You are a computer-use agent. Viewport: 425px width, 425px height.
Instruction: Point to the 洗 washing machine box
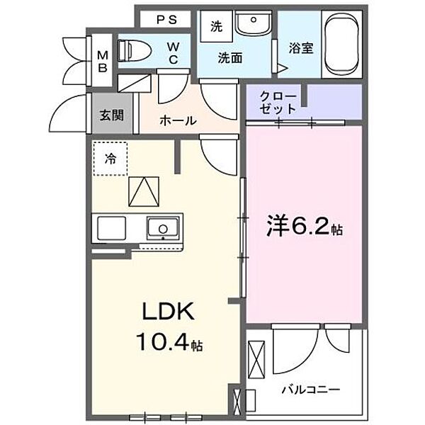click(x=215, y=27)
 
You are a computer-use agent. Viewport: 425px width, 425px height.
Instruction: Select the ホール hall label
click(x=176, y=120)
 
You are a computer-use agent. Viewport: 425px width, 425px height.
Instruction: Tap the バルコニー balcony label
click(x=312, y=389)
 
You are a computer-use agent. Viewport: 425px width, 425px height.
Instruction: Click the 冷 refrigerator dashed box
click(x=111, y=158)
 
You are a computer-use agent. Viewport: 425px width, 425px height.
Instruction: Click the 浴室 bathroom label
click(x=302, y=49)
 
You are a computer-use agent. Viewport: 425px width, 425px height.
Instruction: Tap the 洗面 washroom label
click(x=230, y=59)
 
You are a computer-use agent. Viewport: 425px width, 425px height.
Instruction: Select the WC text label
click(x=172, y=53)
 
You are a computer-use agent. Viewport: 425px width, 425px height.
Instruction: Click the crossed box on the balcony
click(x=257, y=358)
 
